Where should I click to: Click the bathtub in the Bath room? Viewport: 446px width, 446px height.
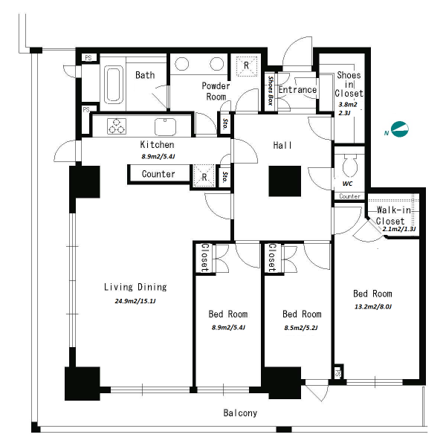[x=114, y=85]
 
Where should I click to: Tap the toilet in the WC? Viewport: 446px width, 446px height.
[x=349, y=165]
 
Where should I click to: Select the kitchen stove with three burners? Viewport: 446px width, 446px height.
[x=117, y=126]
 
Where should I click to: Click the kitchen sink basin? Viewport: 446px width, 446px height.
[x=165, y=127]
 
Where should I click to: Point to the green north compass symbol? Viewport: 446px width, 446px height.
[x=399, y=129]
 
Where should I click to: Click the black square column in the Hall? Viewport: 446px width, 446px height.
[x=285, y=181]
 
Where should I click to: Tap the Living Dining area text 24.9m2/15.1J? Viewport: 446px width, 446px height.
[x=135, y=301]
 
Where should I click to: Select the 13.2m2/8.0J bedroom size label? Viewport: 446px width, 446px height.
[x=373, y=306]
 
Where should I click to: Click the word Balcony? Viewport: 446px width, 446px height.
[x=240, y=413]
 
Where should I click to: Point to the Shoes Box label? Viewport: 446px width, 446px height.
[x=271, y=91]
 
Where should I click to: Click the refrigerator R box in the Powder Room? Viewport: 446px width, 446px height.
[x=247, y=65]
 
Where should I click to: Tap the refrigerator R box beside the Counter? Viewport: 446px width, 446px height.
[x=204, y=176]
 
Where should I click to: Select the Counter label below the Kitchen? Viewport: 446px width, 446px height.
[x=158, y=174]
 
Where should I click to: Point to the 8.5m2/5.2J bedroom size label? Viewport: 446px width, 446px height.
[x=301, y=328]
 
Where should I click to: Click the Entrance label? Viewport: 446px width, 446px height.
[x=297, y=90]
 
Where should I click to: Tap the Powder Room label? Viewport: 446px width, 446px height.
[x=216, y=91]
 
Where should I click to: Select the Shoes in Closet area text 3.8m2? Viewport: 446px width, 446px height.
[x=348, y=104]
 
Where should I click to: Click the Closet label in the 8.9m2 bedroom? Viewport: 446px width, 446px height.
[x=205, y=257]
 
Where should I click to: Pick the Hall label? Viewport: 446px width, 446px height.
[x=282, y=146]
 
